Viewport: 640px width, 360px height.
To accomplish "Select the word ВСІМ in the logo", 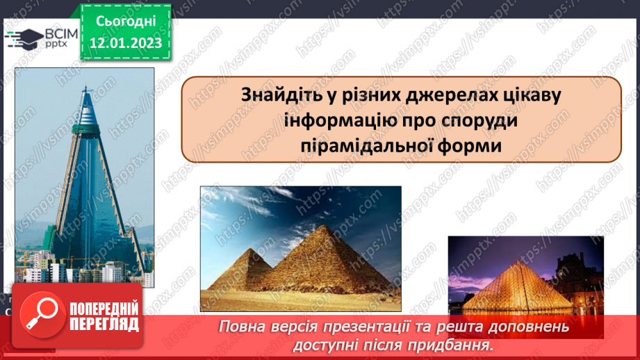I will coord(55,33).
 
